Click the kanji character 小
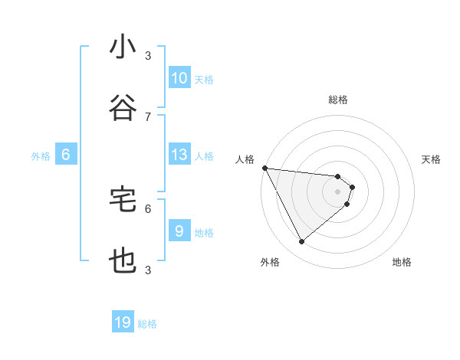[123, 47]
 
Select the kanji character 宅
[123, 199]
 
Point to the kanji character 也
[123, 261]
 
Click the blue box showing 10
[179, 78]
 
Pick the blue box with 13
[179, 155]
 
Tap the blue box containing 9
[179, 231]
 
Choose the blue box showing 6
[66, 155]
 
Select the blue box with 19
[123, 322]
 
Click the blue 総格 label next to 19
[147, 324]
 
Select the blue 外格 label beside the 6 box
[41, 156]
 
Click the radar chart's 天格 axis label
[432, 159]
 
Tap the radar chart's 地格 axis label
[402, 262]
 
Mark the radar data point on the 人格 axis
[264, 168]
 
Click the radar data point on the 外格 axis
[301, 241]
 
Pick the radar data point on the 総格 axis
[337, 176]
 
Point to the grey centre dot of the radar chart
[337, 191]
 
